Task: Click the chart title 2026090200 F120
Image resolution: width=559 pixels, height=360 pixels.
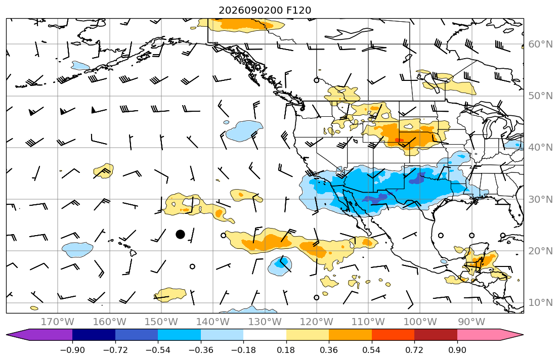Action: coord(265,10)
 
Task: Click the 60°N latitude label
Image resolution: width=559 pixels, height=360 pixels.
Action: coord(540,44)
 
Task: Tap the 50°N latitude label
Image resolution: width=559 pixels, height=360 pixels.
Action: coord(540,96)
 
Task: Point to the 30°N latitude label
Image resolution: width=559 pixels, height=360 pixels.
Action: coord(540,199)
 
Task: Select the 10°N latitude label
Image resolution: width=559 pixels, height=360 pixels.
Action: coord(540,303)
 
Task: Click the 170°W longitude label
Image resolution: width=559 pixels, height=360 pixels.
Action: coord(58,322)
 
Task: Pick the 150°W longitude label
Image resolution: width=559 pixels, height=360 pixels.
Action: coord(161,322)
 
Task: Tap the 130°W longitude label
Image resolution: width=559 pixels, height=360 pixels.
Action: coord(265,322)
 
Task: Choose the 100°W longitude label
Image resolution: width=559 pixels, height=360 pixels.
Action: coord(420,322)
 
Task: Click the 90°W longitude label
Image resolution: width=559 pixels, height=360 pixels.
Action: coord(471,322)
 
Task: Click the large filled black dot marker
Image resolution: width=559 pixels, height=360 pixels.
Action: coord(181,234)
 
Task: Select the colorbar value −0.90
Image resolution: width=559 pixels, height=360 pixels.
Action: coord(72,350)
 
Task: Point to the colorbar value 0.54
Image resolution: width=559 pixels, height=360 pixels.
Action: coord(371,350)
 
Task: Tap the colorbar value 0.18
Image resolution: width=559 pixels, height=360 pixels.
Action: coord(286,350)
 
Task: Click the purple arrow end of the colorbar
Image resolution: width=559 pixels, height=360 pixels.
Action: coord(39,335)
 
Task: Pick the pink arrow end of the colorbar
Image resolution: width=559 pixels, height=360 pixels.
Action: coord(490,335)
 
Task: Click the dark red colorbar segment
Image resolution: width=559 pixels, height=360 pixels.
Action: coord(436,335)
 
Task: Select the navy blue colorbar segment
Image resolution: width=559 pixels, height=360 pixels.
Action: coord(94,335)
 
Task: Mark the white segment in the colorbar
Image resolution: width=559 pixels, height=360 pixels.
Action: coord(265,335)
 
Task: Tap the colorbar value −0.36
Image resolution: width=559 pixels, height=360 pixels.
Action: coord(201,350)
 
